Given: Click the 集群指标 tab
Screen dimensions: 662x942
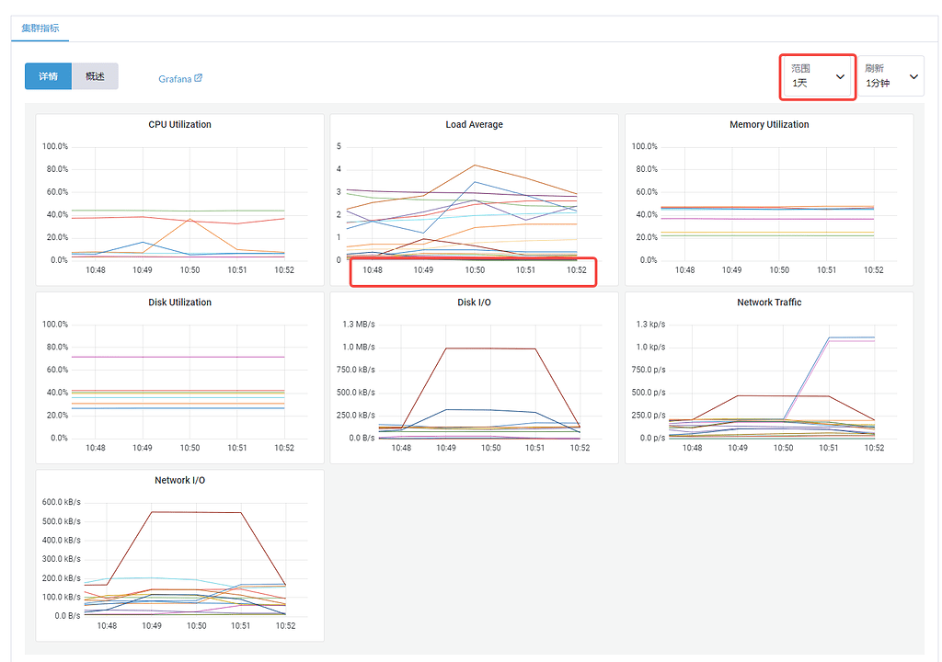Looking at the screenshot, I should coord(40,28).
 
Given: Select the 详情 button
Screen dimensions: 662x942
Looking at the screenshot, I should coord(48,76).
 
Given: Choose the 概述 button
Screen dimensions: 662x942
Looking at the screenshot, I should coord(95,76).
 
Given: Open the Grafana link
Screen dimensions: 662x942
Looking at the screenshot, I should coord(179,79).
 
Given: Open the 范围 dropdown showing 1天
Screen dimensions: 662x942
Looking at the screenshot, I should coord(818,76).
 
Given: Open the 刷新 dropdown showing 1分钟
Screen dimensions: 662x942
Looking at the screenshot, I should coord(890,76).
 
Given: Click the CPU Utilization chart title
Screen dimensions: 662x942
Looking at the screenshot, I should coord(179,124).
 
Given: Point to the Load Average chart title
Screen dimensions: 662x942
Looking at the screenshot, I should coord(474,124).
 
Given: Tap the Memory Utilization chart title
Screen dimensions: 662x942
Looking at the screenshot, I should coord(769,124).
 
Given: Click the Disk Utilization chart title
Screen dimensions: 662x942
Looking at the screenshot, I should coord(179,302).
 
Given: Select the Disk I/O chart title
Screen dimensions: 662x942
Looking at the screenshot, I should coord(474,302).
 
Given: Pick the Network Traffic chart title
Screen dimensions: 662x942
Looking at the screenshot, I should coord(769,302).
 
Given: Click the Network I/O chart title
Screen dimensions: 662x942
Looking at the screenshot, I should coord(179,481).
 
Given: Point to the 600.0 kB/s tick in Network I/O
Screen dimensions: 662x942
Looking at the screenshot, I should coord(62,502).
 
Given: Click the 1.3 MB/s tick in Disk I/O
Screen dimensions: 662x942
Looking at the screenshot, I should coord(358,325).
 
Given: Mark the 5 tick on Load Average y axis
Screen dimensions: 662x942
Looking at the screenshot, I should coord(339,146).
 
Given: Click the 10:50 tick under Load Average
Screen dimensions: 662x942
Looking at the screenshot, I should coord(475,270).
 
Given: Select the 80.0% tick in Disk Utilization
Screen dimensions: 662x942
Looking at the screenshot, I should coord(56,348).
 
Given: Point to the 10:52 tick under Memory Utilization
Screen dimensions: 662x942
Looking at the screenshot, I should coord(873,270).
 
